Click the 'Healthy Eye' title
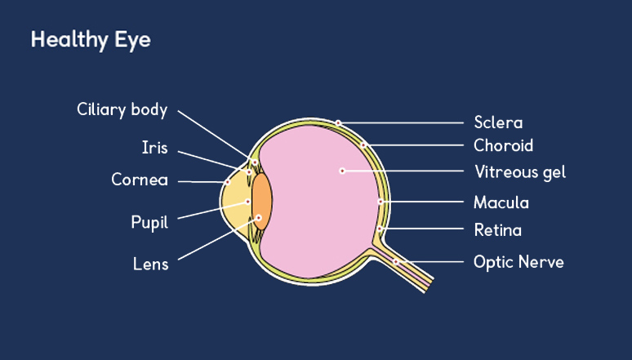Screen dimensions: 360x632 [91, 39]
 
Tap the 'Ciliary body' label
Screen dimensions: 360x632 [122, 109]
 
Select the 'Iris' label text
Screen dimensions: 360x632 [154, 147]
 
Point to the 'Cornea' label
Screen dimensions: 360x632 [140, 180]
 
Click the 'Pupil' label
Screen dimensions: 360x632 [149, 222]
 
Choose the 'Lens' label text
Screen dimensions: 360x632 [150, 264]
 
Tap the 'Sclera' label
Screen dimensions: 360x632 [498, 123]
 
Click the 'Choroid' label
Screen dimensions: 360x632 [503, 146]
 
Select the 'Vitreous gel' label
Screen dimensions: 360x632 [520, 172]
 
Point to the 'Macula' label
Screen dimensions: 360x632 [501, 202]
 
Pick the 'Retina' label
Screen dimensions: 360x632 [497, 230]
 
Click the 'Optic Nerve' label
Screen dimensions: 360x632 [519, 262]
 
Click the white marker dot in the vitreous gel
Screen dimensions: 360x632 [343, 171]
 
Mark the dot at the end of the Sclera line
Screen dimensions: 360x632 [338, 123]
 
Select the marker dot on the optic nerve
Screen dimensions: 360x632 [395, 261]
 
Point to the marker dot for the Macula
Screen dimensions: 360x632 [381, 201]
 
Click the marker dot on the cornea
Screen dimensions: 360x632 [227, 182]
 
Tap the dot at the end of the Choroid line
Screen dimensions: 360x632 [364, 145]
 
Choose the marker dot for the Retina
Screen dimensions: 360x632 [380, 229]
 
